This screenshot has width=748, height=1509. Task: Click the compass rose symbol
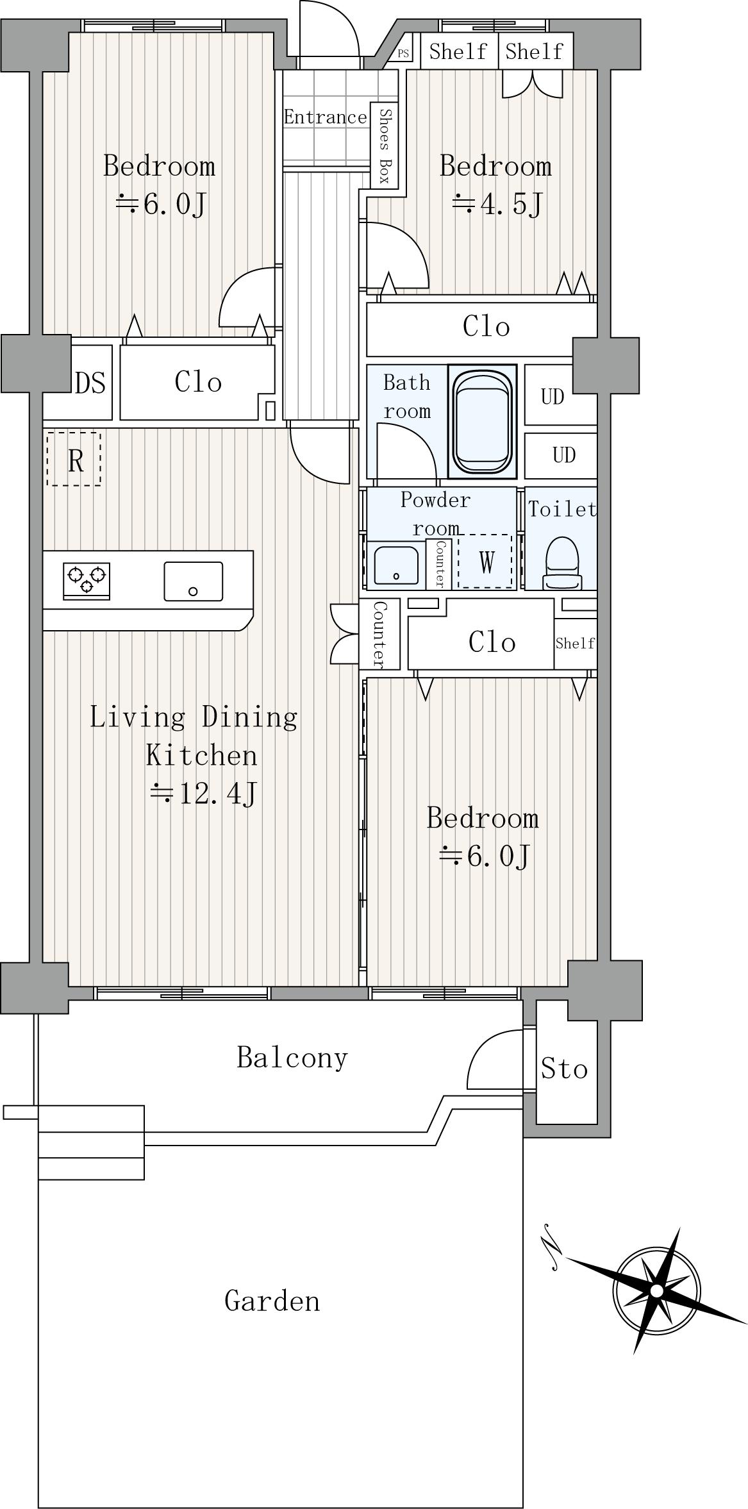[656, 1290]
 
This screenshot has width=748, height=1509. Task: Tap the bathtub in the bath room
[482, 421]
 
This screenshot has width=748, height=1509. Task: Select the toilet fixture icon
[563, 563]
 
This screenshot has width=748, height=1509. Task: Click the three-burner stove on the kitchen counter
[87, 581]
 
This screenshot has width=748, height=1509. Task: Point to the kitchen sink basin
[194, 581]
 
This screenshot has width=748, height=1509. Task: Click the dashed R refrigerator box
[74, 459]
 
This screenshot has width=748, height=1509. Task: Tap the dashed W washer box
[485, 562]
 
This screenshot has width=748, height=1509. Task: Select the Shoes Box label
[385, 146]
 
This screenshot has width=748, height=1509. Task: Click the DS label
[90, 383]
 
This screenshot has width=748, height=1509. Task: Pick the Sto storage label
[564, 1069]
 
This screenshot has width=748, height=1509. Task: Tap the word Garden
[272, 1301]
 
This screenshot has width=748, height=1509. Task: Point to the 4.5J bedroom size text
[497, 204]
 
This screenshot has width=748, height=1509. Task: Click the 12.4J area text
[204, 794]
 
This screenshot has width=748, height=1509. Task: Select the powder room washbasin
[396, 565]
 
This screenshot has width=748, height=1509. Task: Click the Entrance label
[326, 117]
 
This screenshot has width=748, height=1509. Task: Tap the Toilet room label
[562, 509]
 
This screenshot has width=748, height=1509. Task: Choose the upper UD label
[553, 397]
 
